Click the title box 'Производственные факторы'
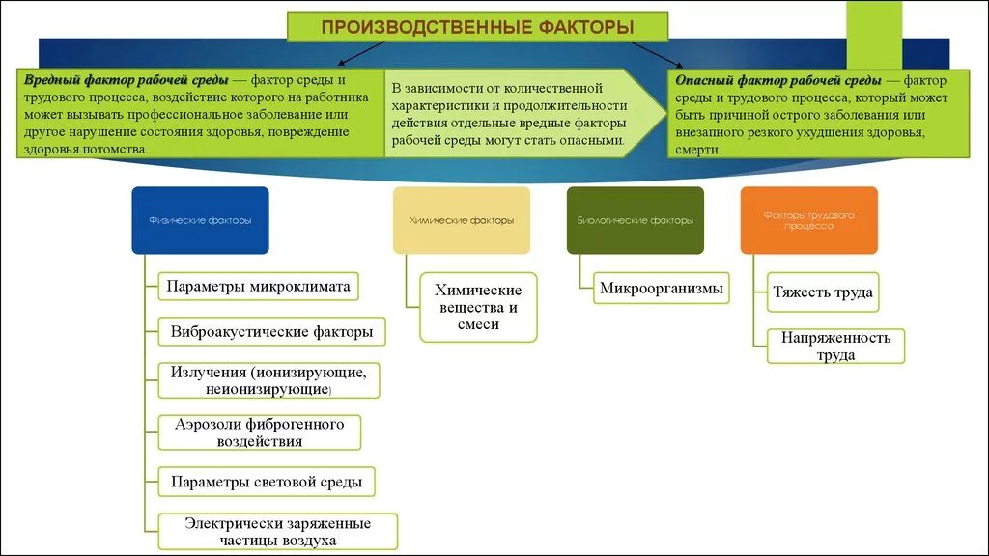click(477, 27)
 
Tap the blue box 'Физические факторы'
click(200, 220)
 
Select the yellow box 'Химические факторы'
click(462, 220)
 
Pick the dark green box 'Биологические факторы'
click(635, 220)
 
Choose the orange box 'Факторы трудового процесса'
click(808, 220)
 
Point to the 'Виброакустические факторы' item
click(271, 332)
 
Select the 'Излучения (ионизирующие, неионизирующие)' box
click(268, 380)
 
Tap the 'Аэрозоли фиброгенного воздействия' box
click(260, 432)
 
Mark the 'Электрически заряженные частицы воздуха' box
click(277, 532)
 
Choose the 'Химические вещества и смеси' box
click(478, 307)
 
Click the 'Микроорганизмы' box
click(661, 288)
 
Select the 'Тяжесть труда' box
click(823, 292)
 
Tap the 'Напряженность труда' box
click(835, 346)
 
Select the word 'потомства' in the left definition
click(117, 150)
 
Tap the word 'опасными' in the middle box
click(598, 140)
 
